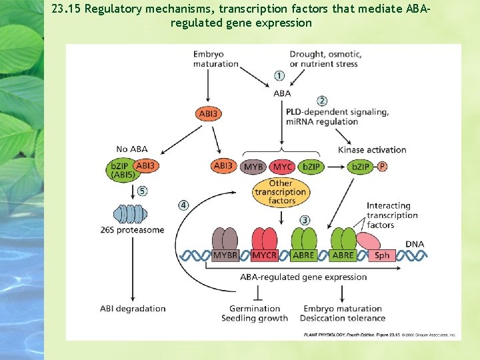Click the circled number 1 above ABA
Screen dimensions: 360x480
click(279, 76)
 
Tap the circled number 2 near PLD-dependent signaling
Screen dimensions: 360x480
click(322, 101)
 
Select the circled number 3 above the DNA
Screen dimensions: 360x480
click(304, 220)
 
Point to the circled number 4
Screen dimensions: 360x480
click(183, 205)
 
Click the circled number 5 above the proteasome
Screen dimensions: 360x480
click(142, 191)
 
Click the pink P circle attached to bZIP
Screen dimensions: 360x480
click(382, 166)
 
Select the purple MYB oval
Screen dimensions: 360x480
click(253, 166)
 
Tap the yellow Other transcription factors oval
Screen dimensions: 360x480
click(281, 192)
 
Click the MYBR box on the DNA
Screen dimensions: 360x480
click(225, 255)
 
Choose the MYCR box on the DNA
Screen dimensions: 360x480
click(264, 255)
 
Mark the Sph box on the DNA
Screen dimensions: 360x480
click(382, 255)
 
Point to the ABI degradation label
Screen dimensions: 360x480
click(133, 309)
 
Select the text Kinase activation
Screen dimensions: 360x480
click(372, 150)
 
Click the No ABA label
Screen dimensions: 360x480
click(131, 149)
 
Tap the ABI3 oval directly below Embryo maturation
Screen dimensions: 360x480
click(209, 114)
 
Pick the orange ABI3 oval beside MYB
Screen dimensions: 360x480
click(223, 165)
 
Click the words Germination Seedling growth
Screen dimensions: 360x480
click(255, 313)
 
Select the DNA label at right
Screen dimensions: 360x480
click(415, 244)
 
